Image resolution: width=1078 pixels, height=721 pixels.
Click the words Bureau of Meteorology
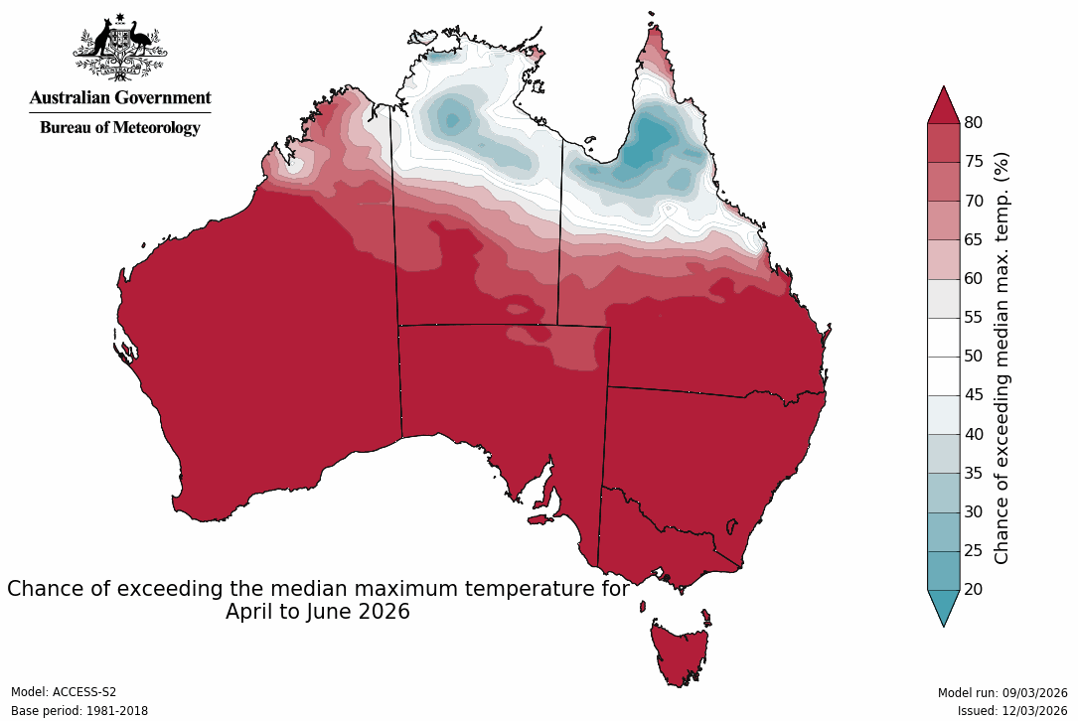[119, 127]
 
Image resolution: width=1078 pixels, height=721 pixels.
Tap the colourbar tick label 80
[973, 123]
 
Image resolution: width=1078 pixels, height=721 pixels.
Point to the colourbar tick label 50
[973, 357]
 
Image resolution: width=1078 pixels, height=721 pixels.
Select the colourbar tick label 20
[973, 590]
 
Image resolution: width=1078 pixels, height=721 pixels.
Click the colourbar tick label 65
[973, 239]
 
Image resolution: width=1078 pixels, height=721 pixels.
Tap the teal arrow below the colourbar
[943, 607]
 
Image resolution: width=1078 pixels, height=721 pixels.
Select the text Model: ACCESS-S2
[64, 692]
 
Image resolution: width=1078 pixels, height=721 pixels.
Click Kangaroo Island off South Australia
[539, 518]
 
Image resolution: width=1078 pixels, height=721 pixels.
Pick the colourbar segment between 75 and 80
[943, 143]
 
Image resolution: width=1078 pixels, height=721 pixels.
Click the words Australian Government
[119, 97]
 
